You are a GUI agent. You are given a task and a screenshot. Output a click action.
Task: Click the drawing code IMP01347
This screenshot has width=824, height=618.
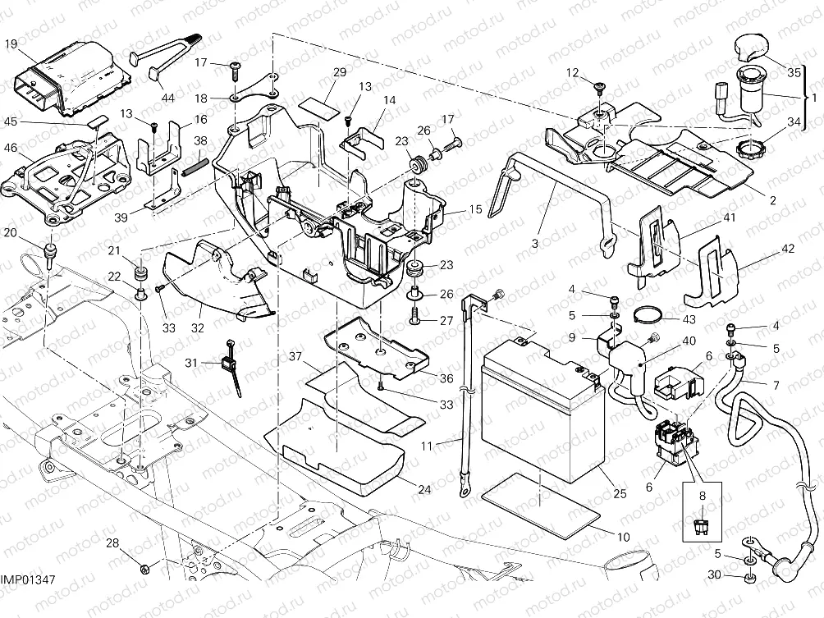click(x=28, y=580)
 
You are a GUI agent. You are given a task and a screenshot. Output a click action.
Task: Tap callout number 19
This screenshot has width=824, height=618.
click(x=10, y=44)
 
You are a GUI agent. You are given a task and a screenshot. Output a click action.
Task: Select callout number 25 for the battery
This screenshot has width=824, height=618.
click(x=619, y=493)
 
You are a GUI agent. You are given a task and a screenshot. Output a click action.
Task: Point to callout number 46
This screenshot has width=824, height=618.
click(x=10, y=148)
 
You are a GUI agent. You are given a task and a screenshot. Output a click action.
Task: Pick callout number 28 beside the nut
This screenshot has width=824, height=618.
click(x=112, y=543)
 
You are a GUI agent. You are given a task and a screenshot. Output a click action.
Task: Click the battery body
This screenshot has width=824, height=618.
click(x=542, y=410)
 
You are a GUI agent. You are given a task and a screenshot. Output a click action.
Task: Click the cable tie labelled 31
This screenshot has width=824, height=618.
click(x=226, y=363)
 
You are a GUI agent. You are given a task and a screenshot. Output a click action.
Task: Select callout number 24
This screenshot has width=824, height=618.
click(x=423, y=490)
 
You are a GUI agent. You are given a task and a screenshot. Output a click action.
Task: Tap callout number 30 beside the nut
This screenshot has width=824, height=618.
click(x=714, y=575)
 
